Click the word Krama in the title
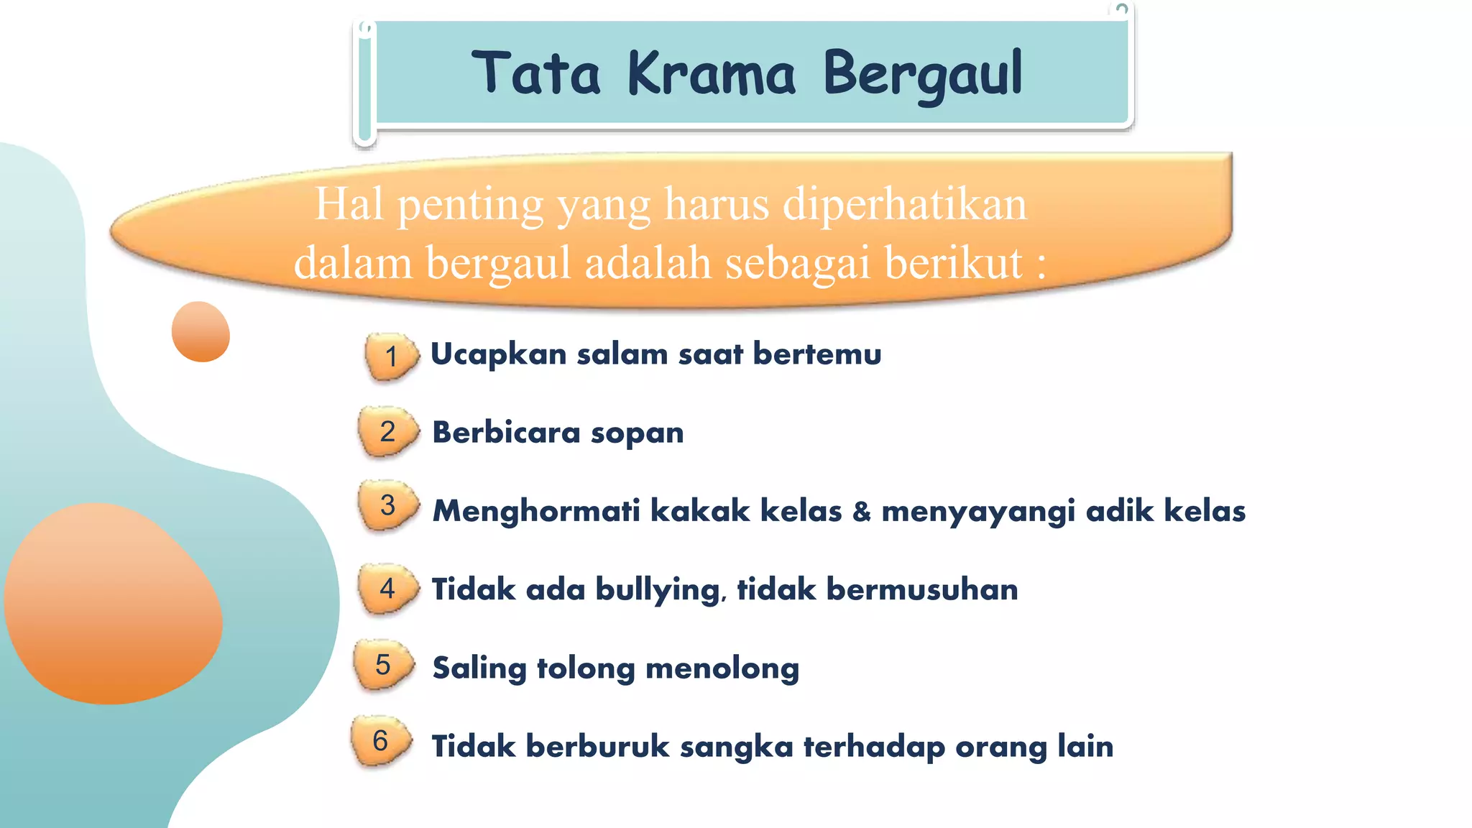click(712, 73)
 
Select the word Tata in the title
click(536, 73)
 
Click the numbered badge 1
click(390, 355)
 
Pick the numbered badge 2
click(387, 431)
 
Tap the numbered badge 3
click(387, 505)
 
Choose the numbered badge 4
click(387, 589)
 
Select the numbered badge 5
click(383, 664)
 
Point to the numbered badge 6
click(380, 740)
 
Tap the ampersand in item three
click(861, 511)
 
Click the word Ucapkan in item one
click(498, 354)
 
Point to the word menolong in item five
click(722, 668)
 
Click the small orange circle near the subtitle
click(201, 331)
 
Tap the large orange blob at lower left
click(114, 604)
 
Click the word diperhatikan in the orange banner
click(905, 204)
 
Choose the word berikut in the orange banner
click(953, 262)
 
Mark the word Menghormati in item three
click(536, 511)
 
